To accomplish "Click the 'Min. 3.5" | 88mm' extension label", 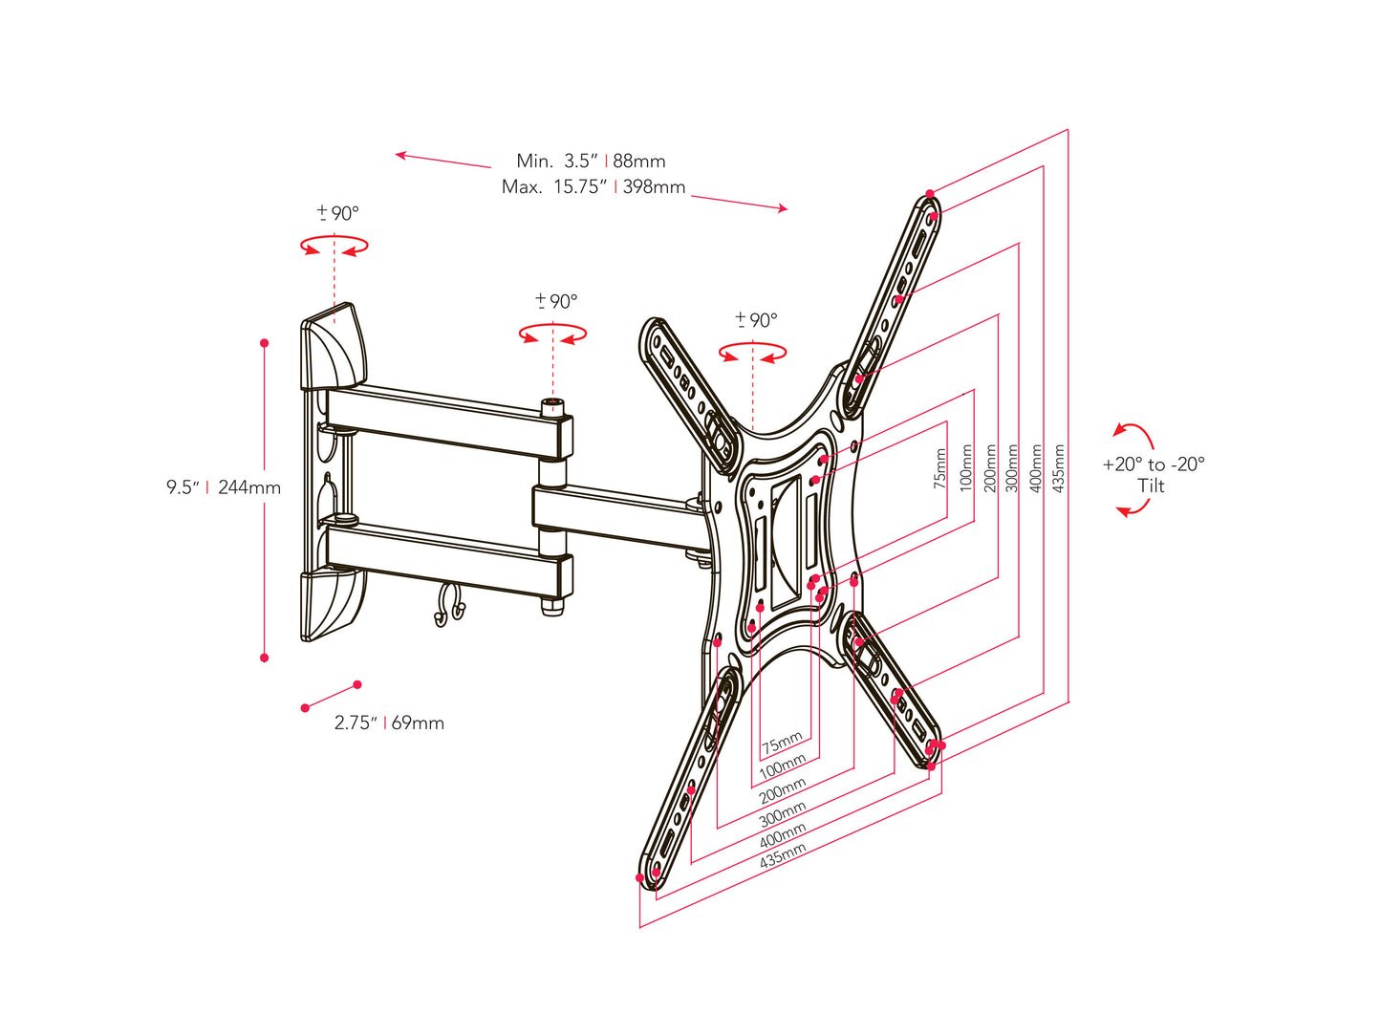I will tap(591, 161).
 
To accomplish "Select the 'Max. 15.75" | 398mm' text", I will tap(593, 187).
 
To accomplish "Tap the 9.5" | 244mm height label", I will tap(224, 487).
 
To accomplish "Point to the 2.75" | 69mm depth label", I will tap(389, 723).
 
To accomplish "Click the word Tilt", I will tap(1152, 486).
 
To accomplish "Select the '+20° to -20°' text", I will tap(1154, 464).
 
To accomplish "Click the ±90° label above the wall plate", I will tap(337, 213).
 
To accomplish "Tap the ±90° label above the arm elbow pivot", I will tap(556, 302).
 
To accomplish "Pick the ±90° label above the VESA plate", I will tap(756, 320).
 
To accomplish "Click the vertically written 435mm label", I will tap(1059, 468).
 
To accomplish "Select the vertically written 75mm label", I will tap(940, 468).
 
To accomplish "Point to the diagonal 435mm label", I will tap(783, 855).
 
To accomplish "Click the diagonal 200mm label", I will tap(783, 790).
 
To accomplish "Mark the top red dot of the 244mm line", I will tap(265, 342).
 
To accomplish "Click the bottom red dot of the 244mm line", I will tap(265, 658).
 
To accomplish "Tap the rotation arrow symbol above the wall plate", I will tap(334, 247).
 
